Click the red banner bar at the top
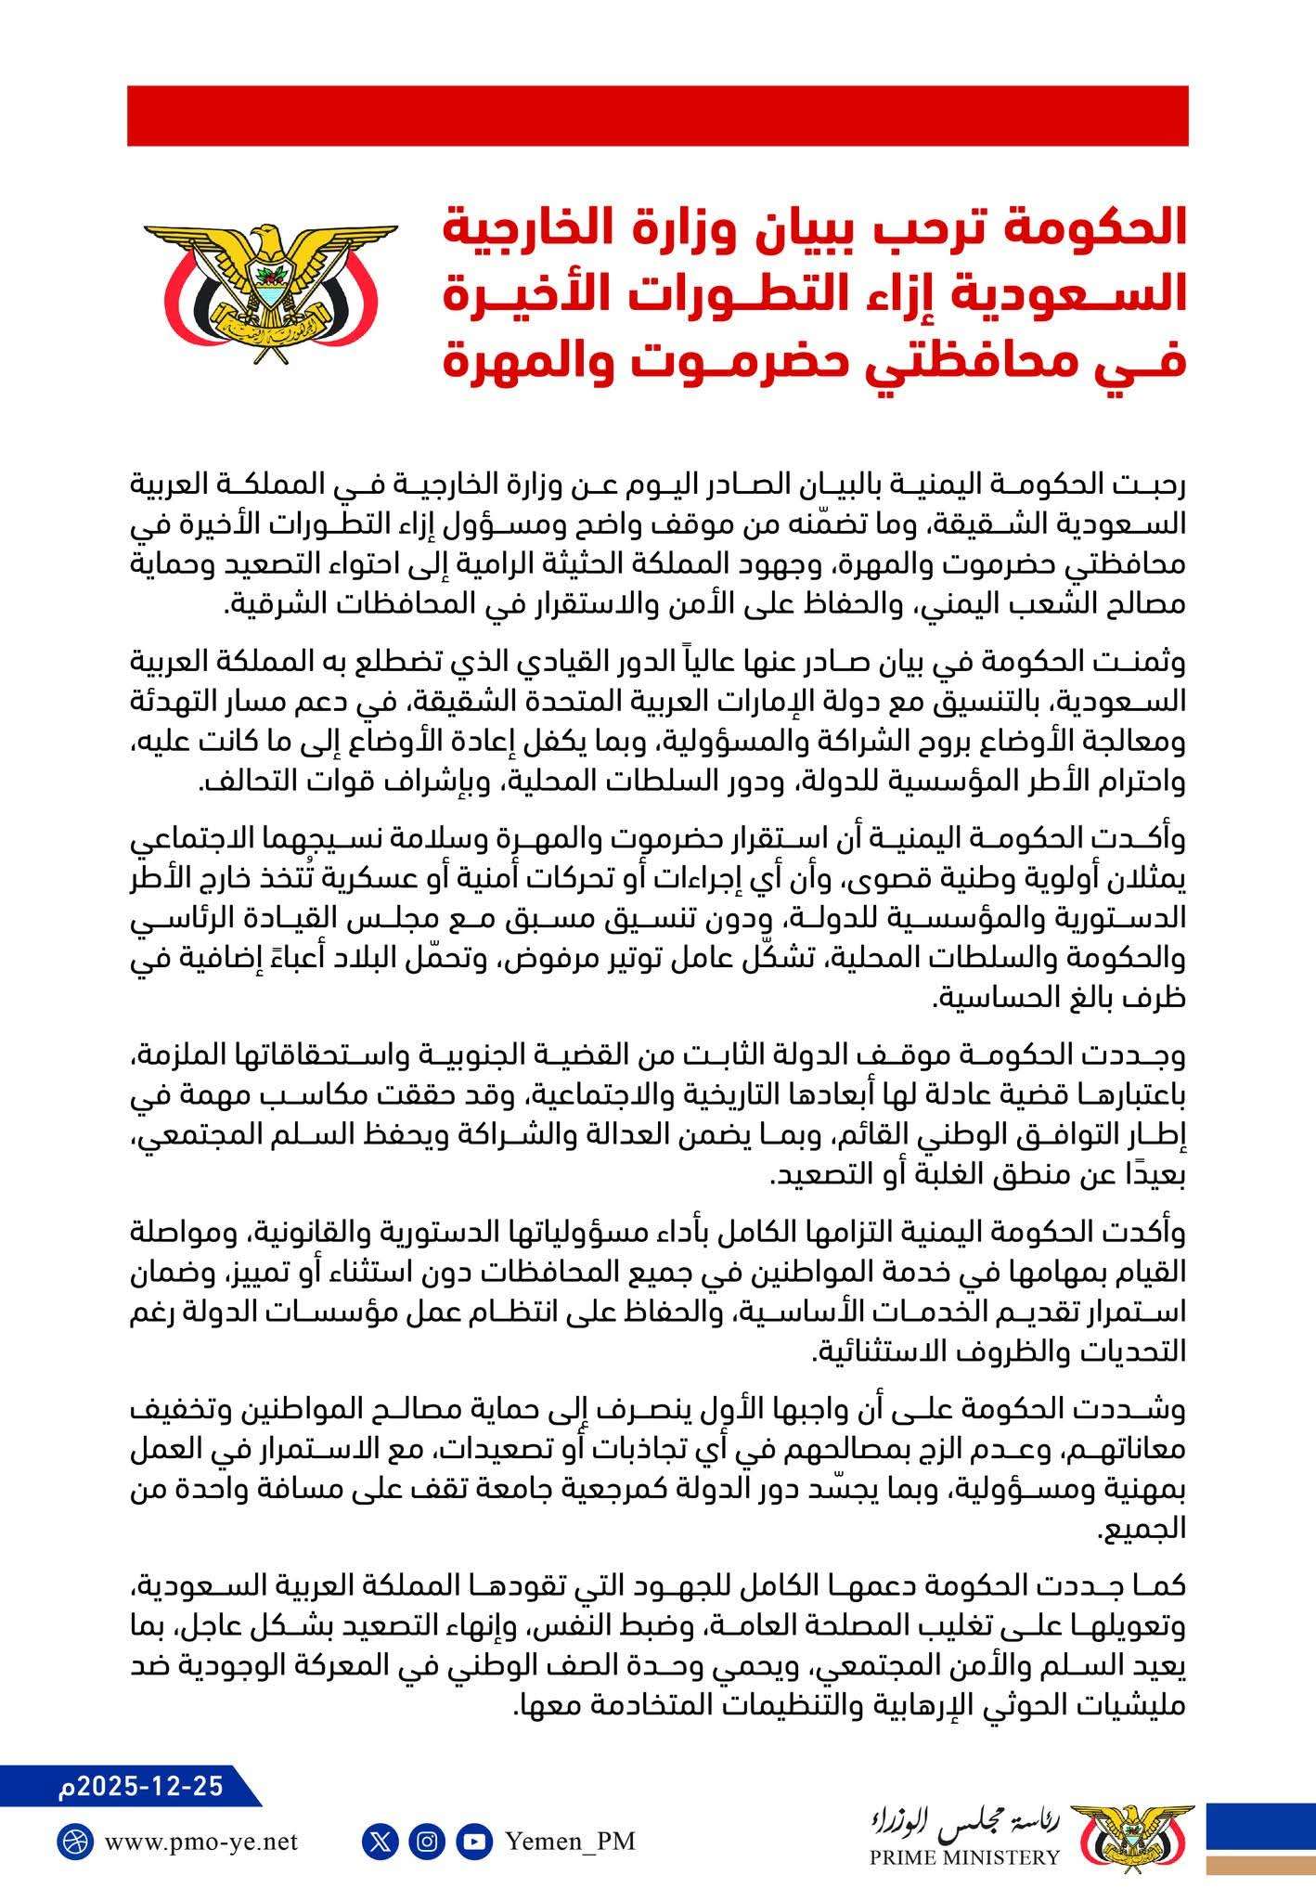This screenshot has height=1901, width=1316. pyautogui.click(x=657, y=116)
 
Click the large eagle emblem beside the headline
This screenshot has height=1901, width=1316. pyautogui.click(x=270, y=283)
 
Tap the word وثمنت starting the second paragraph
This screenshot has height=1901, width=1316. pyautogui.click(x=1143, y=664)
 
